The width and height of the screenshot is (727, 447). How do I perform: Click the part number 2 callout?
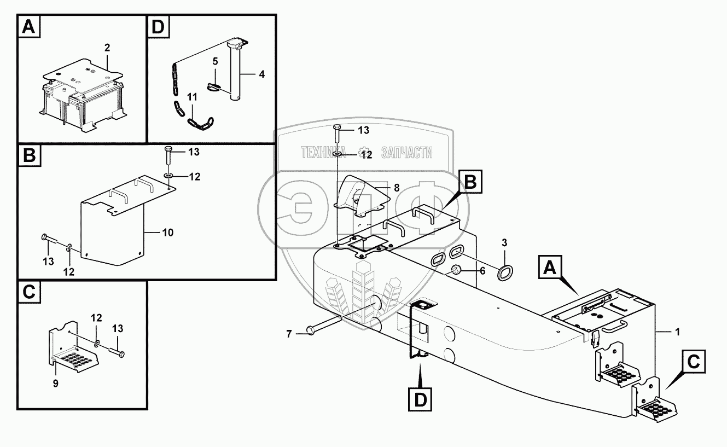click(x=107, y=48)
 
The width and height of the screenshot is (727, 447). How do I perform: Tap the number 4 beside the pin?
click(x=262, y=74)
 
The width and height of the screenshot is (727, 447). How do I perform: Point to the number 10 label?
click(x=167, y=233)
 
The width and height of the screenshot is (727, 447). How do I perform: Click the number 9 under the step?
click(x=55, y=383)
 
